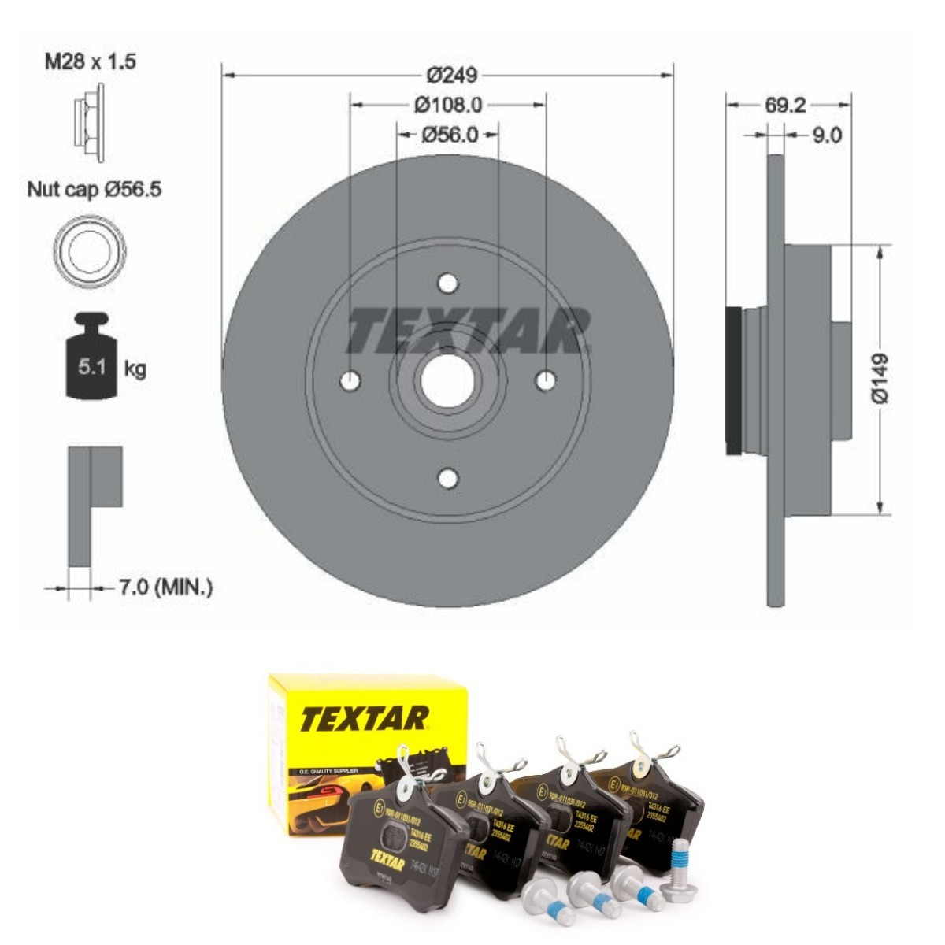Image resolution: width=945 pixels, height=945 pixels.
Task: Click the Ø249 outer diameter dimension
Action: tap(451, 75)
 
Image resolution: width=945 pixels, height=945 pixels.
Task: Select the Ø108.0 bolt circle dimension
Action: tap(447, 104)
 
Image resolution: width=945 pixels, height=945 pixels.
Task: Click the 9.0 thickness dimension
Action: tap(826, 135)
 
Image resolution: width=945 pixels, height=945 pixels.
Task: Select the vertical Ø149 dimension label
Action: tap(880, 379)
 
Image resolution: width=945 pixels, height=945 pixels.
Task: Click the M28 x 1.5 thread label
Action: tap(89, 61)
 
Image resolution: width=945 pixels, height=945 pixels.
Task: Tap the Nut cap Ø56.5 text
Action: tap(94, 189)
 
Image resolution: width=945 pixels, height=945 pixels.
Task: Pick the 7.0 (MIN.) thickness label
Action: tap(165, 587)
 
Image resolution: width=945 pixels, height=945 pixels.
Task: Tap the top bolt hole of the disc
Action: tap(447, 283)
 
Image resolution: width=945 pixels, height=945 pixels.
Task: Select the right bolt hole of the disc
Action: tap(545, 381)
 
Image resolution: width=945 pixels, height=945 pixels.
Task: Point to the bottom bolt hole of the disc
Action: tap(447, 478)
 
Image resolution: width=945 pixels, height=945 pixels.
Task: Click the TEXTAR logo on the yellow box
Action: tap(364, 718)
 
